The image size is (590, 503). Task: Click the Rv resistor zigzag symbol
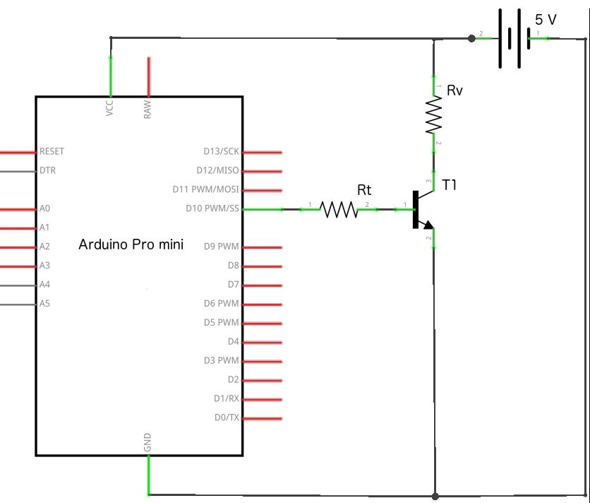[x=433, y=116]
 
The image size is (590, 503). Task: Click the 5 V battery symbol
[x=512, y=38]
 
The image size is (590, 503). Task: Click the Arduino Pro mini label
[x=131, y=245]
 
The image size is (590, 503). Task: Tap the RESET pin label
[x=52, y=152]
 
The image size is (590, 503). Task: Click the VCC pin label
[x=109, y=108]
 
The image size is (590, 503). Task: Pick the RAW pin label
[x=147, y=108]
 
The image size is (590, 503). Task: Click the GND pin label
[x=147, y=443]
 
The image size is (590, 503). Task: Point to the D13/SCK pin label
[x=221, y=152]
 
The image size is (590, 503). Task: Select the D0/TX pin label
[x=227, y=418]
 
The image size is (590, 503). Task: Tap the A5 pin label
[x=44, y=304]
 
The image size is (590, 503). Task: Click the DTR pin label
[x=48, y=171]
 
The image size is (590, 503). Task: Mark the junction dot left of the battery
[x=471, y=37]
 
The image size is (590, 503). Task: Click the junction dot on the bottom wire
[x=435, y=496]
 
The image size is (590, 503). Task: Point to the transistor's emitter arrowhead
[x=427, y=224]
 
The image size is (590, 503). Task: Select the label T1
[x=450, y=185]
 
